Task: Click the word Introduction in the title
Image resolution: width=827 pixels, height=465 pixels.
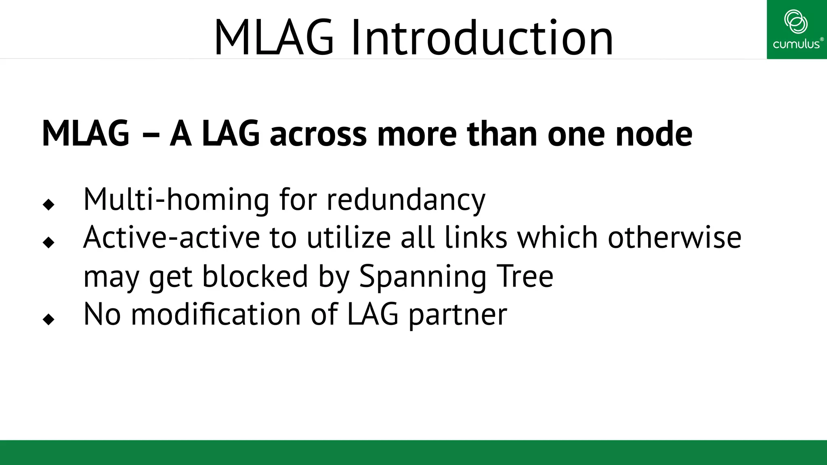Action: tap(482, 38)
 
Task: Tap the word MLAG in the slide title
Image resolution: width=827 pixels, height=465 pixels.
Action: tap(274, 38)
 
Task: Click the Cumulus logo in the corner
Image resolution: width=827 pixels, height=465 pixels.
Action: tap(796, 29)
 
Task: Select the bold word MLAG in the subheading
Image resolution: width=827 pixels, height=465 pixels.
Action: tap(86, 134)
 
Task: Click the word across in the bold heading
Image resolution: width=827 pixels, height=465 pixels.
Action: tap(318, 134)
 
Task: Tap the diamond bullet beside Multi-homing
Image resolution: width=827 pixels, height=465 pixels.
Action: tap(48, 204)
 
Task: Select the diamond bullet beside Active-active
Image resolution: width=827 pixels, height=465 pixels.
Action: tap(48, 242)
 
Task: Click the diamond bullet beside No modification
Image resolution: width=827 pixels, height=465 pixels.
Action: tap(48, 319)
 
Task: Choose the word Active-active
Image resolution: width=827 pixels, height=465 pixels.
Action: tap(171, 237)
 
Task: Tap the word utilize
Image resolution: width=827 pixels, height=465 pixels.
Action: tap(348, 237)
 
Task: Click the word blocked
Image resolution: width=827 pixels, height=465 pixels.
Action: tap(255, 276)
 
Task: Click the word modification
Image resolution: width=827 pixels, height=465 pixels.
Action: tap(216, 314)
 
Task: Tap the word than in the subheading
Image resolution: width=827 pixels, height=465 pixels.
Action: tap(502, 134)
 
